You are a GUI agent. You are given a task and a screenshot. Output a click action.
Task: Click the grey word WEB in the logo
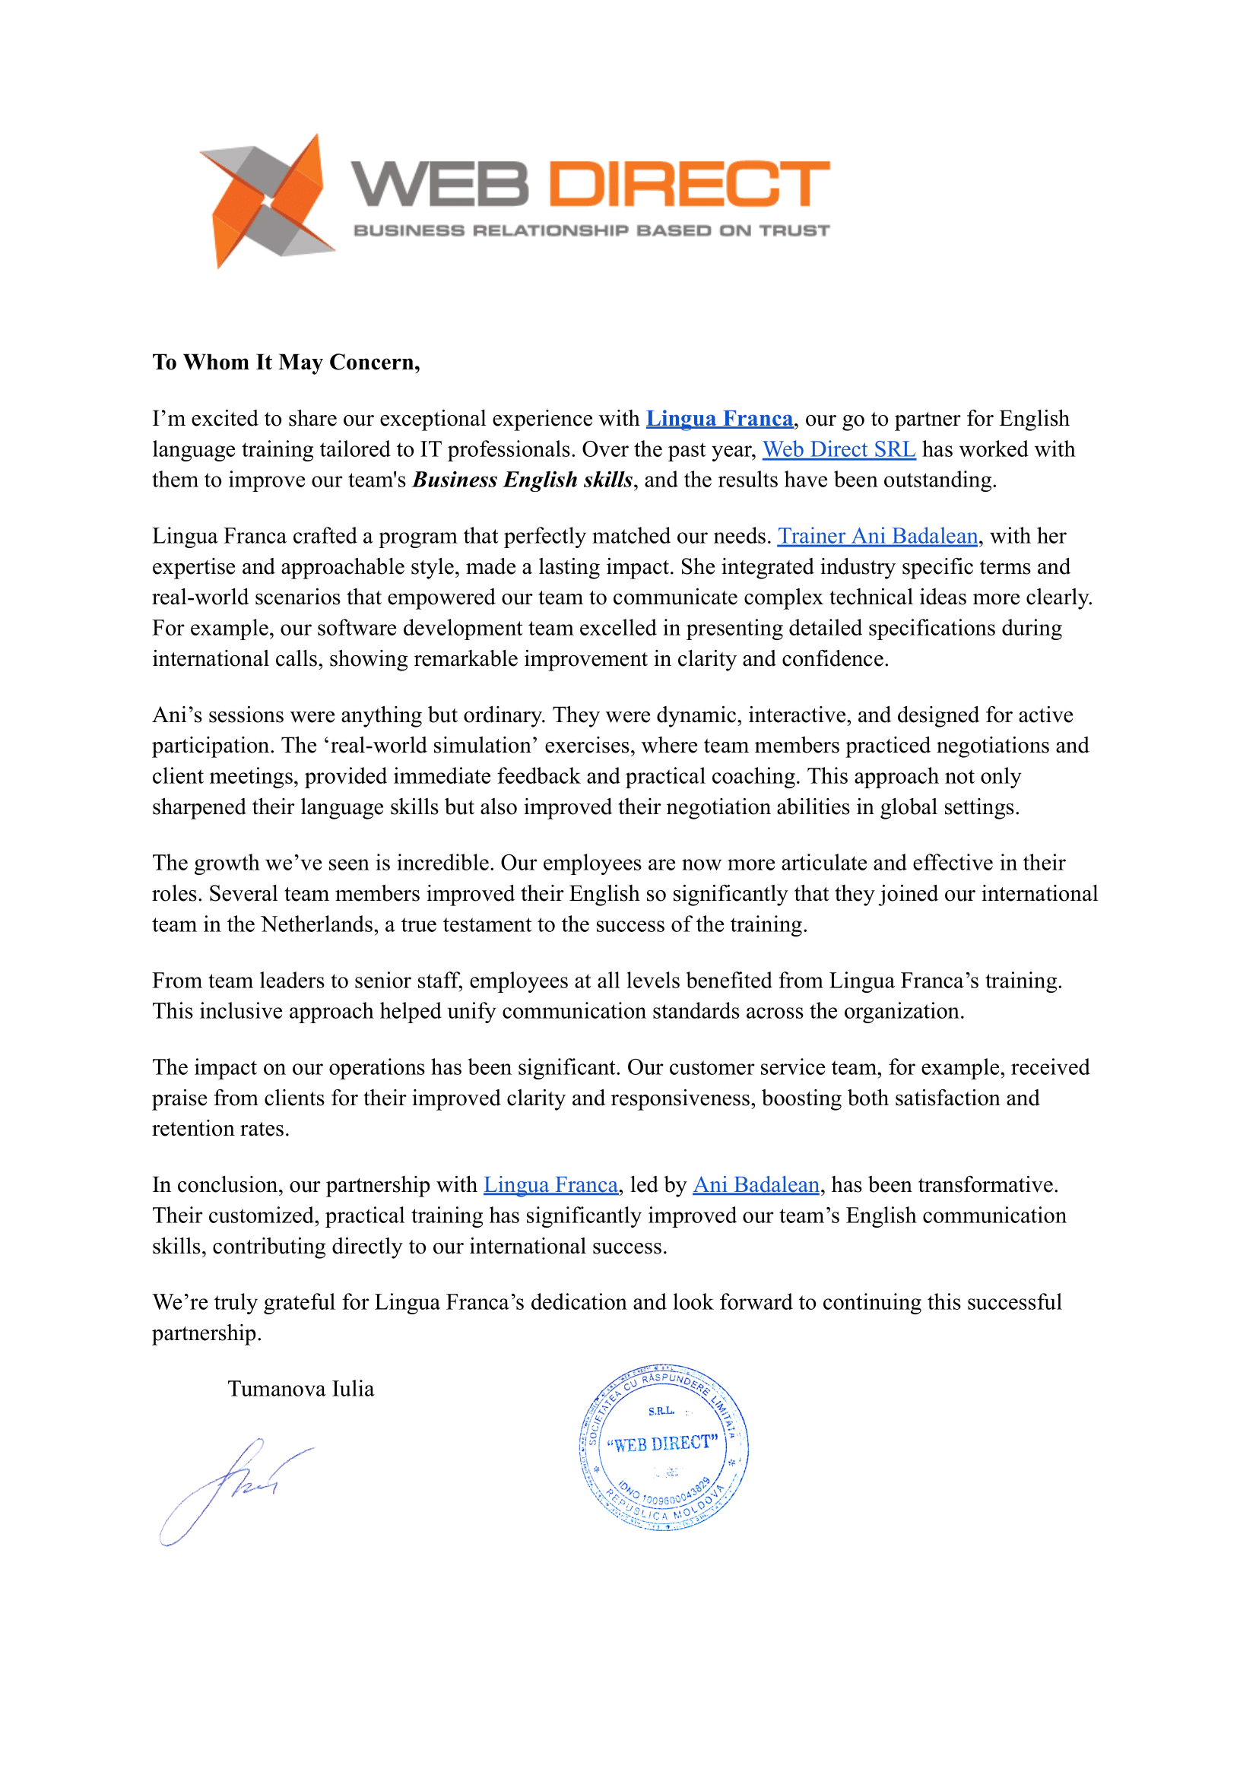click(439, 185)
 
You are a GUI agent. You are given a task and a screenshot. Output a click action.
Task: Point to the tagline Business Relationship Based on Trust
click(591, 230)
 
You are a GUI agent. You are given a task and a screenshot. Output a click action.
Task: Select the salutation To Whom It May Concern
click(286, 362)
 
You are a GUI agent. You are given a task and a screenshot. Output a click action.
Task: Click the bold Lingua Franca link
click(719, 419)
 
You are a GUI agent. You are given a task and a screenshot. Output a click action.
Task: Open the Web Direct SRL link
click(839, 449)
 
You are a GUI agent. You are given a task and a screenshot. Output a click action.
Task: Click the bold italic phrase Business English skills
click(522, 480)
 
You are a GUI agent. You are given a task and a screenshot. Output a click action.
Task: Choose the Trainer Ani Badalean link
click(877, 537)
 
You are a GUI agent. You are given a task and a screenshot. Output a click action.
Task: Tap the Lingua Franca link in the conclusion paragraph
click(550, 1185)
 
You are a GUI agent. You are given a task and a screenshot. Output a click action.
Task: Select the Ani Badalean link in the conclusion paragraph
click(756, 1185)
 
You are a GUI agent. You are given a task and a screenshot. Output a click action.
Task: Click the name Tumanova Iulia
click(301, 1389)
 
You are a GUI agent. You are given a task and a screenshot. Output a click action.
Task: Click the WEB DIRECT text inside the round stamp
click(662, 1444)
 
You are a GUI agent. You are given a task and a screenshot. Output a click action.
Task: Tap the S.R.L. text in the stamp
click(661, 1412)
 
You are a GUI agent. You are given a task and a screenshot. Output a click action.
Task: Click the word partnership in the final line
click(205, 1333)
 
